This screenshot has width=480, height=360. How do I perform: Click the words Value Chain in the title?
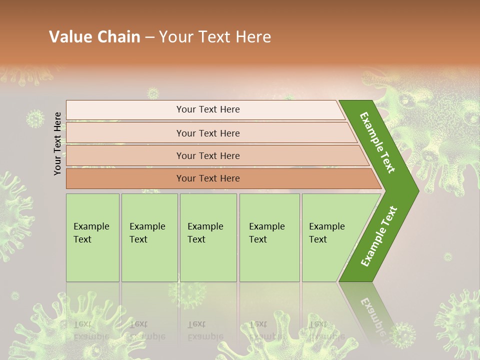[x=94, y=37]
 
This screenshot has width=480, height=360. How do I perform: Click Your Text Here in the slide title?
[x=215, y=37]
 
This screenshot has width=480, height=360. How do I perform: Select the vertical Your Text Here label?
[x=57, y=144]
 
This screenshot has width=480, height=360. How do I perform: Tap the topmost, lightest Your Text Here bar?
[x=207, y=109]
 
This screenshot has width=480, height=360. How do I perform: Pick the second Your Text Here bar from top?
[x=207, y=133]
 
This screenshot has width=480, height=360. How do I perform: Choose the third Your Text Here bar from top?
[x=207, y=155]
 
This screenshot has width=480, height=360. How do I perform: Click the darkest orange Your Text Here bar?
[x=207, y=178]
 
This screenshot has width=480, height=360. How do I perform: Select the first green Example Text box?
[x=92, y=237]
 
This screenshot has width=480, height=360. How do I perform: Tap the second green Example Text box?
[x=149, y=237]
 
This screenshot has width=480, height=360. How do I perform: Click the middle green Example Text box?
[x=208, y=237]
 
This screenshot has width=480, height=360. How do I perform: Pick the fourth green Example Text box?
[x=269, y=237]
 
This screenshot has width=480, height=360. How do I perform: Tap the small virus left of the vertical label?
[x=34, y=119]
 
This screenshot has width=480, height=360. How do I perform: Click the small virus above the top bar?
[x=152, y=93]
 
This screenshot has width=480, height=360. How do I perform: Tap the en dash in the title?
[x=149, y=37]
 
